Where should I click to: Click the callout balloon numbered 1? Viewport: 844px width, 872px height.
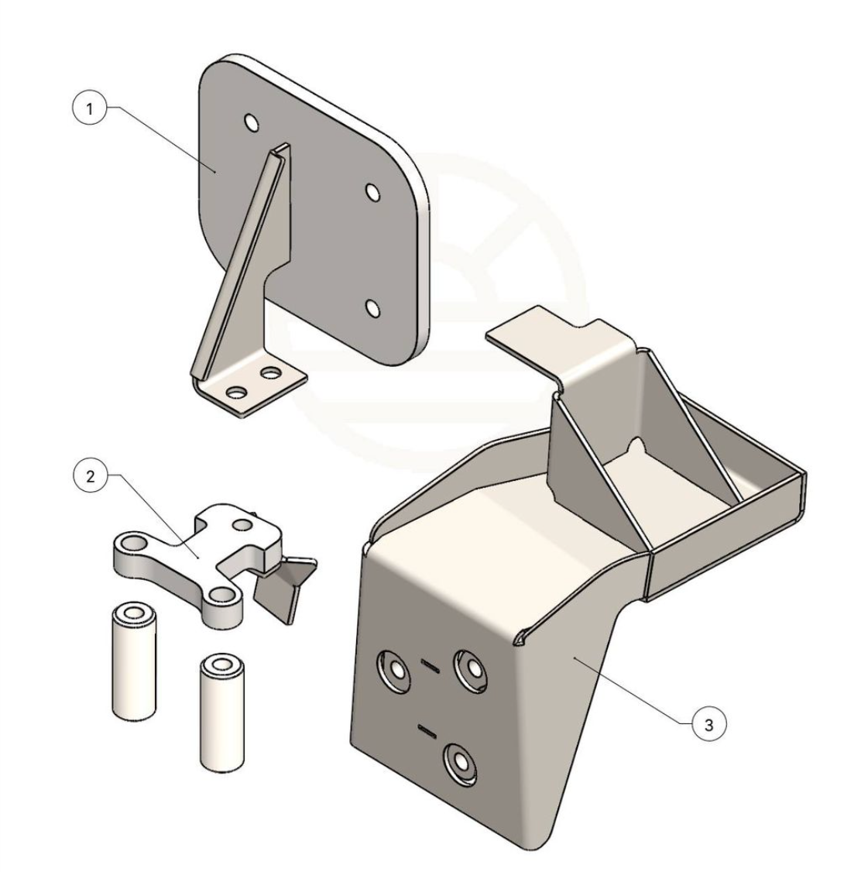pyautogui.click(x=90, y=108)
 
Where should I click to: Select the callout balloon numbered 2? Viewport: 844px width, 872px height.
pyautogui.click(x=91, y=476)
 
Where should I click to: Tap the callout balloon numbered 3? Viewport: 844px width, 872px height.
pyautogui.click(x=708, y=725)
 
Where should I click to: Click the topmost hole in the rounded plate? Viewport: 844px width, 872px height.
pyautogui.click(x=251, y=122)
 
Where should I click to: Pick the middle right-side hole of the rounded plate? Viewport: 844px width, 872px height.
pyautogui.click(x=372, y=192)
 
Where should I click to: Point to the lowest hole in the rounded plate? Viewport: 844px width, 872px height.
pyautogui.click(x=372, y=308)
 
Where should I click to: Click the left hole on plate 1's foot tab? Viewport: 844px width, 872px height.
pyautogui.click(x=237, y=393)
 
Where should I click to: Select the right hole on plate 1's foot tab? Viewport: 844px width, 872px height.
pyautogui.click(x=271, y=372)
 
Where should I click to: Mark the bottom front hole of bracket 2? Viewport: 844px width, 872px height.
pyautogui.click(x=222, y=595)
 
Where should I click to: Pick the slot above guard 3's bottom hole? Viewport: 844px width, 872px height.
pyautogui.click(x=428, y=730)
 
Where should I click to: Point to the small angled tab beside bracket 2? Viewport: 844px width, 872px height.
pyautogui.click(x=286, y=588)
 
